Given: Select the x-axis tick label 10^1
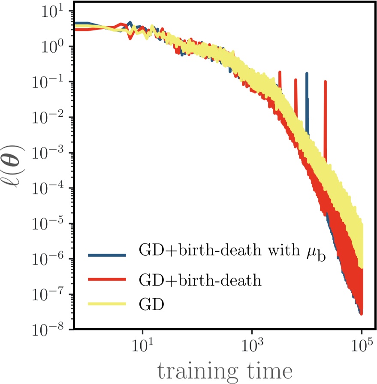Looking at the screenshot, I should tap(142, 346).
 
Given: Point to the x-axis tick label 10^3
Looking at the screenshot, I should tap(252, 346).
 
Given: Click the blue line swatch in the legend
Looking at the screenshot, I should tap(107, 255).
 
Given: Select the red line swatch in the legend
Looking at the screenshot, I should tap(107, 280).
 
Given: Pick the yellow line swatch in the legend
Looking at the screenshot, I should tap(107, 304).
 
